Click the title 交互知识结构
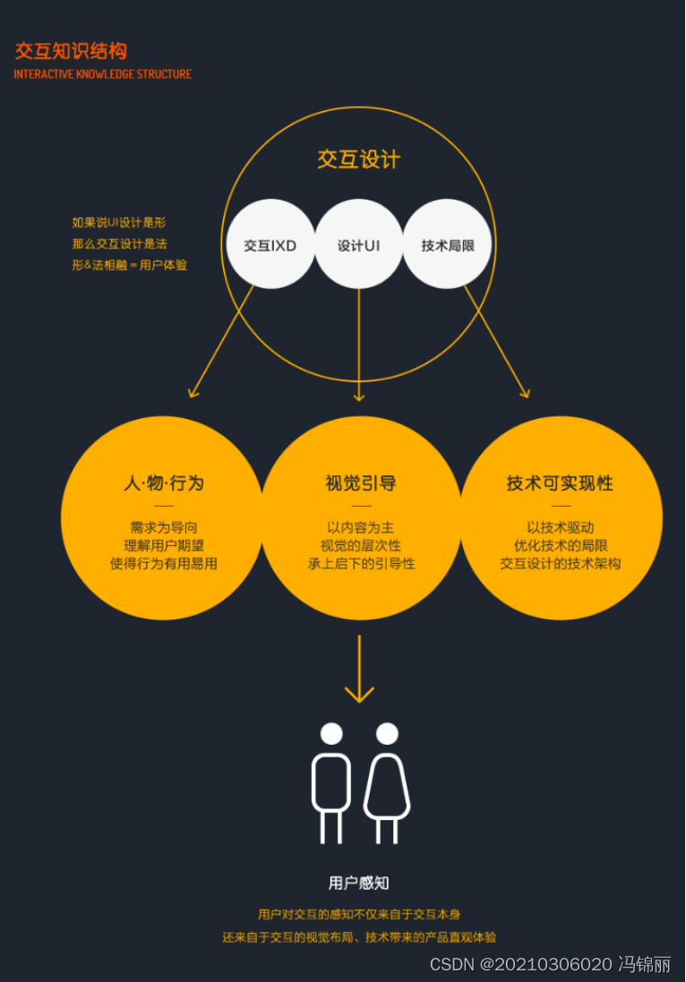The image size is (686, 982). point(71,51)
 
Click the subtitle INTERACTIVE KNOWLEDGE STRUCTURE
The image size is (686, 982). point(103,74)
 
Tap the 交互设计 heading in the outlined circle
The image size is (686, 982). point(358,159)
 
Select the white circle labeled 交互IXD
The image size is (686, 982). point(270,244)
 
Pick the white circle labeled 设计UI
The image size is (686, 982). point(359,244)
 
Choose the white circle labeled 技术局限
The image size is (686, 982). point(448,244)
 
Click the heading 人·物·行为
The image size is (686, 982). point(164,483)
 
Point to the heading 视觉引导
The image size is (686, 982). point(360,483)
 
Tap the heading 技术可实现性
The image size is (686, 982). point(560,483)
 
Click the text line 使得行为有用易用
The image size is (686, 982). point(164,564)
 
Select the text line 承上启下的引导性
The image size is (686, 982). point(360,564)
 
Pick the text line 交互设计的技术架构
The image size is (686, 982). point(560,564)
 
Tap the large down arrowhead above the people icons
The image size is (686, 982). point(359,694)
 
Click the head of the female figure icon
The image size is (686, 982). point(387,734)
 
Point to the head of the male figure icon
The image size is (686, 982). point(331,734)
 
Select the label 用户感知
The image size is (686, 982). point(359,884)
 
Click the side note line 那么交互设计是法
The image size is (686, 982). point(120,243)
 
